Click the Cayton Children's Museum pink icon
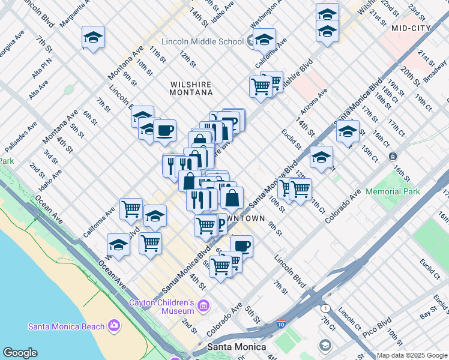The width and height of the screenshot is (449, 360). tap(203, 307)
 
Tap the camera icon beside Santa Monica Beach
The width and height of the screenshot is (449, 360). tap(114, 326)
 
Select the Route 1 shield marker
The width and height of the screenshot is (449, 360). tap(325, 308)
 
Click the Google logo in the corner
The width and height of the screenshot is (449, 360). tap(20, 353)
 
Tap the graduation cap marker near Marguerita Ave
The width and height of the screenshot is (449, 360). tap(93, 38)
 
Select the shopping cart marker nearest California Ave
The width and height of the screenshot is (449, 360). tap(131, 209)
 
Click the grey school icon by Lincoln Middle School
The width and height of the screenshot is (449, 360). tap(252, 41)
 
